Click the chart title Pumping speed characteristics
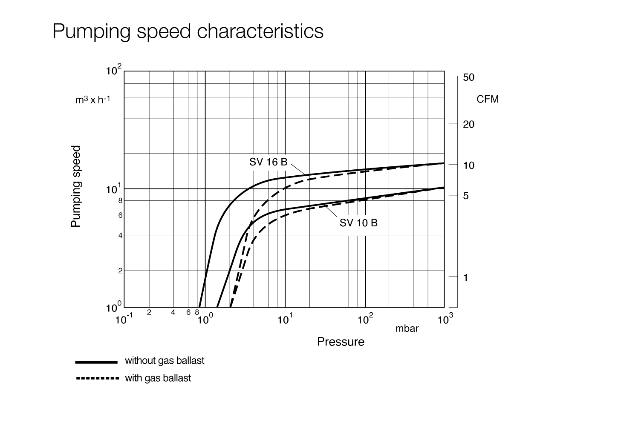coord(188,31)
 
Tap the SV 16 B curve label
coord(269,162)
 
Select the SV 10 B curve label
coord(358,223)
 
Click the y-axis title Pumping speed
coord(76,186)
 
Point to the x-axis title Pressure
coord(341,342)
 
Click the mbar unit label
coord(407,328)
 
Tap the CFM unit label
coord(488,100)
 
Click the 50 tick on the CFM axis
coord(469,77)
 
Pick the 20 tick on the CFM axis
coord(469,125)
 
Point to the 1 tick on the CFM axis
coord(466,278)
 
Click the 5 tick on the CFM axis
coord(466,196)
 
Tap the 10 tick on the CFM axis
coord(469,165)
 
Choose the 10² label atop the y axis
coord(114,70)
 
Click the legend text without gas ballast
coord(165,361)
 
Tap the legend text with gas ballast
coord(158,378)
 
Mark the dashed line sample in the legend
coord(96,378)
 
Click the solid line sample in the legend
coord(96,362)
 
